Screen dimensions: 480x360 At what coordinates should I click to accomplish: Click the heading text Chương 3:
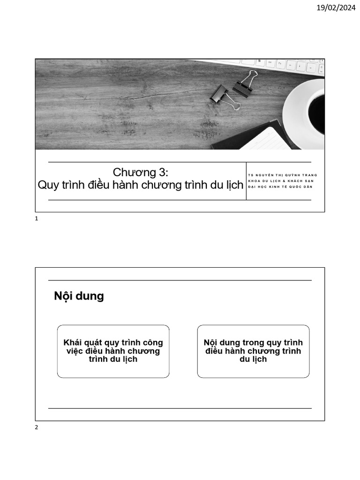[140, 172]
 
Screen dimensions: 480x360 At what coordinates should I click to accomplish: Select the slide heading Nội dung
[79, 296]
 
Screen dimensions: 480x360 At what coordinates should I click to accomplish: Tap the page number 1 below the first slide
[37, 219]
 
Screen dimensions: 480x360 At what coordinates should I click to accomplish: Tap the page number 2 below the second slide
[37, 427]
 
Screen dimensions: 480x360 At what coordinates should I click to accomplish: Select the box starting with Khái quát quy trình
[113, 351]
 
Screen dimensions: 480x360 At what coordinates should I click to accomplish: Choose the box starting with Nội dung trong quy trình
[253, 351]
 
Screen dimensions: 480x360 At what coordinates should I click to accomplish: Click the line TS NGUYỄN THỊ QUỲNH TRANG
[283, 175]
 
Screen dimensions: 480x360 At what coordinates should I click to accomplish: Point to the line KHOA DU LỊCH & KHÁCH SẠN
[281, 181]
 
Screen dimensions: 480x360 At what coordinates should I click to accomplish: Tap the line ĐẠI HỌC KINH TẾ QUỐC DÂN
[280, 187]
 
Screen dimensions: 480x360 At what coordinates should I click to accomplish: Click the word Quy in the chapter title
[47, 185]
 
